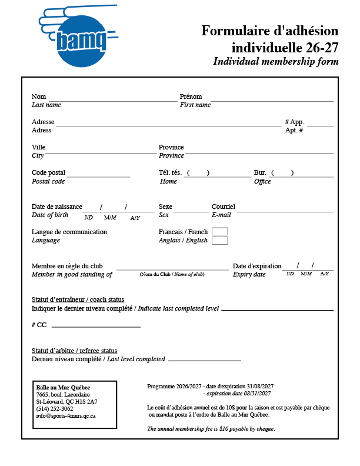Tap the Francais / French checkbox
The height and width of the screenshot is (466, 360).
(x=219, y=231)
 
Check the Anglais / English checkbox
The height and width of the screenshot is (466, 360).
(x=219, y=241)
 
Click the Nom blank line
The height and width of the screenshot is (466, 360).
(x=112, y=100)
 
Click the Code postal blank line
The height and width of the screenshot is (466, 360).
(x=98, y=176)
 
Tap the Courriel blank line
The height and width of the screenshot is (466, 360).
(x=285, y=211)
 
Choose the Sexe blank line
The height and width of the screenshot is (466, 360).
(x=191, y=211)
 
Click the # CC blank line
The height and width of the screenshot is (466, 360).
(x=96, y=326)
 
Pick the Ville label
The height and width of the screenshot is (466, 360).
(x=38, y=147)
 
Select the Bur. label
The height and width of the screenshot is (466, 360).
(x=260, y=172)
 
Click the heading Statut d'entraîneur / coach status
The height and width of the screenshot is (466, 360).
(x=78, y=299)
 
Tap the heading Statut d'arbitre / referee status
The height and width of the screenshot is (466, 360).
(x=74, y=351)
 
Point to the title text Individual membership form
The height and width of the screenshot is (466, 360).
(x=276, y=61)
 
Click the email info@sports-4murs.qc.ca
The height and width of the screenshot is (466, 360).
(x=66, y=416)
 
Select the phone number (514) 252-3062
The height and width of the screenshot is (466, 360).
(x=55, y=409)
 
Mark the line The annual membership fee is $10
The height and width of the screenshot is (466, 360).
(x=211, y=428)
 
